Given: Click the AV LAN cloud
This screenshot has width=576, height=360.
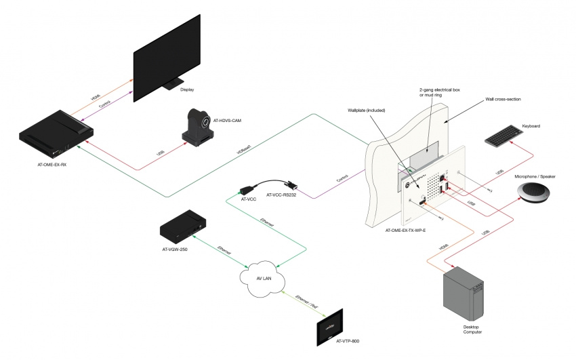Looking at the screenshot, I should click(263, 278).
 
